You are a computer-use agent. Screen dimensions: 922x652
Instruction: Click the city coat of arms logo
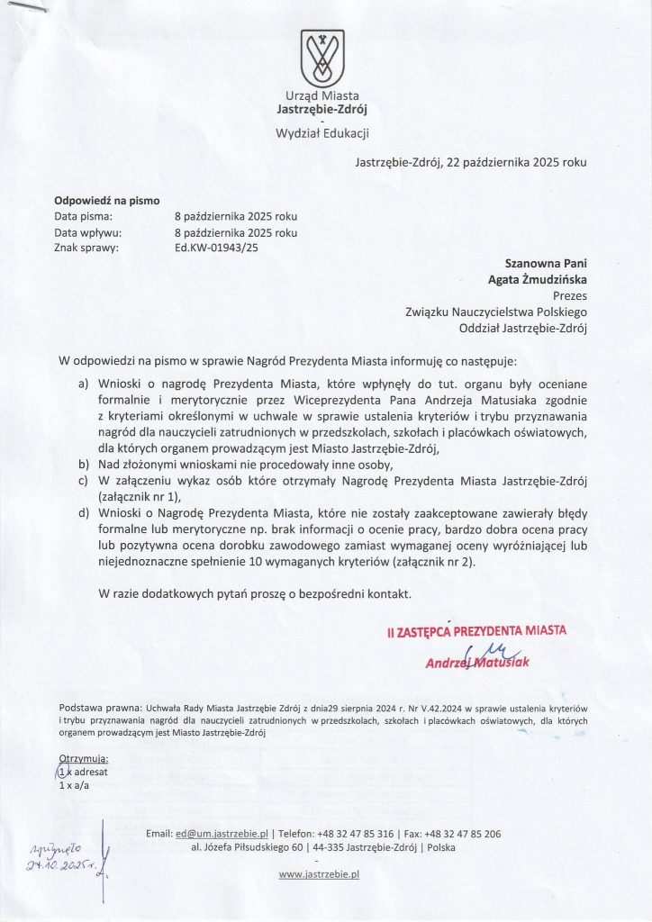[x=321, y=58]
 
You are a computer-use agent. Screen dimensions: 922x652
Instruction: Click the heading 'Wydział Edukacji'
[x=321, y=134]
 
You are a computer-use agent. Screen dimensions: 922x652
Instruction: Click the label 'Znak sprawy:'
[x=86, y=249]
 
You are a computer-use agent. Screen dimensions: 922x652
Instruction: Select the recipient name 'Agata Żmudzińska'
[x=538, y=279]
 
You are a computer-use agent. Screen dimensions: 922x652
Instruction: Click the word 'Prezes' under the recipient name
[x=568, y=294]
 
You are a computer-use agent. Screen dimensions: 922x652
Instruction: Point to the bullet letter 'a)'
[x=84, y=384]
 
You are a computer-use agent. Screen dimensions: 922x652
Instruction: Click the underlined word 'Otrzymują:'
[x=84, y=760]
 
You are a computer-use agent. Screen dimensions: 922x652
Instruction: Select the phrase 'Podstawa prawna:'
[x=98, y=707]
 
